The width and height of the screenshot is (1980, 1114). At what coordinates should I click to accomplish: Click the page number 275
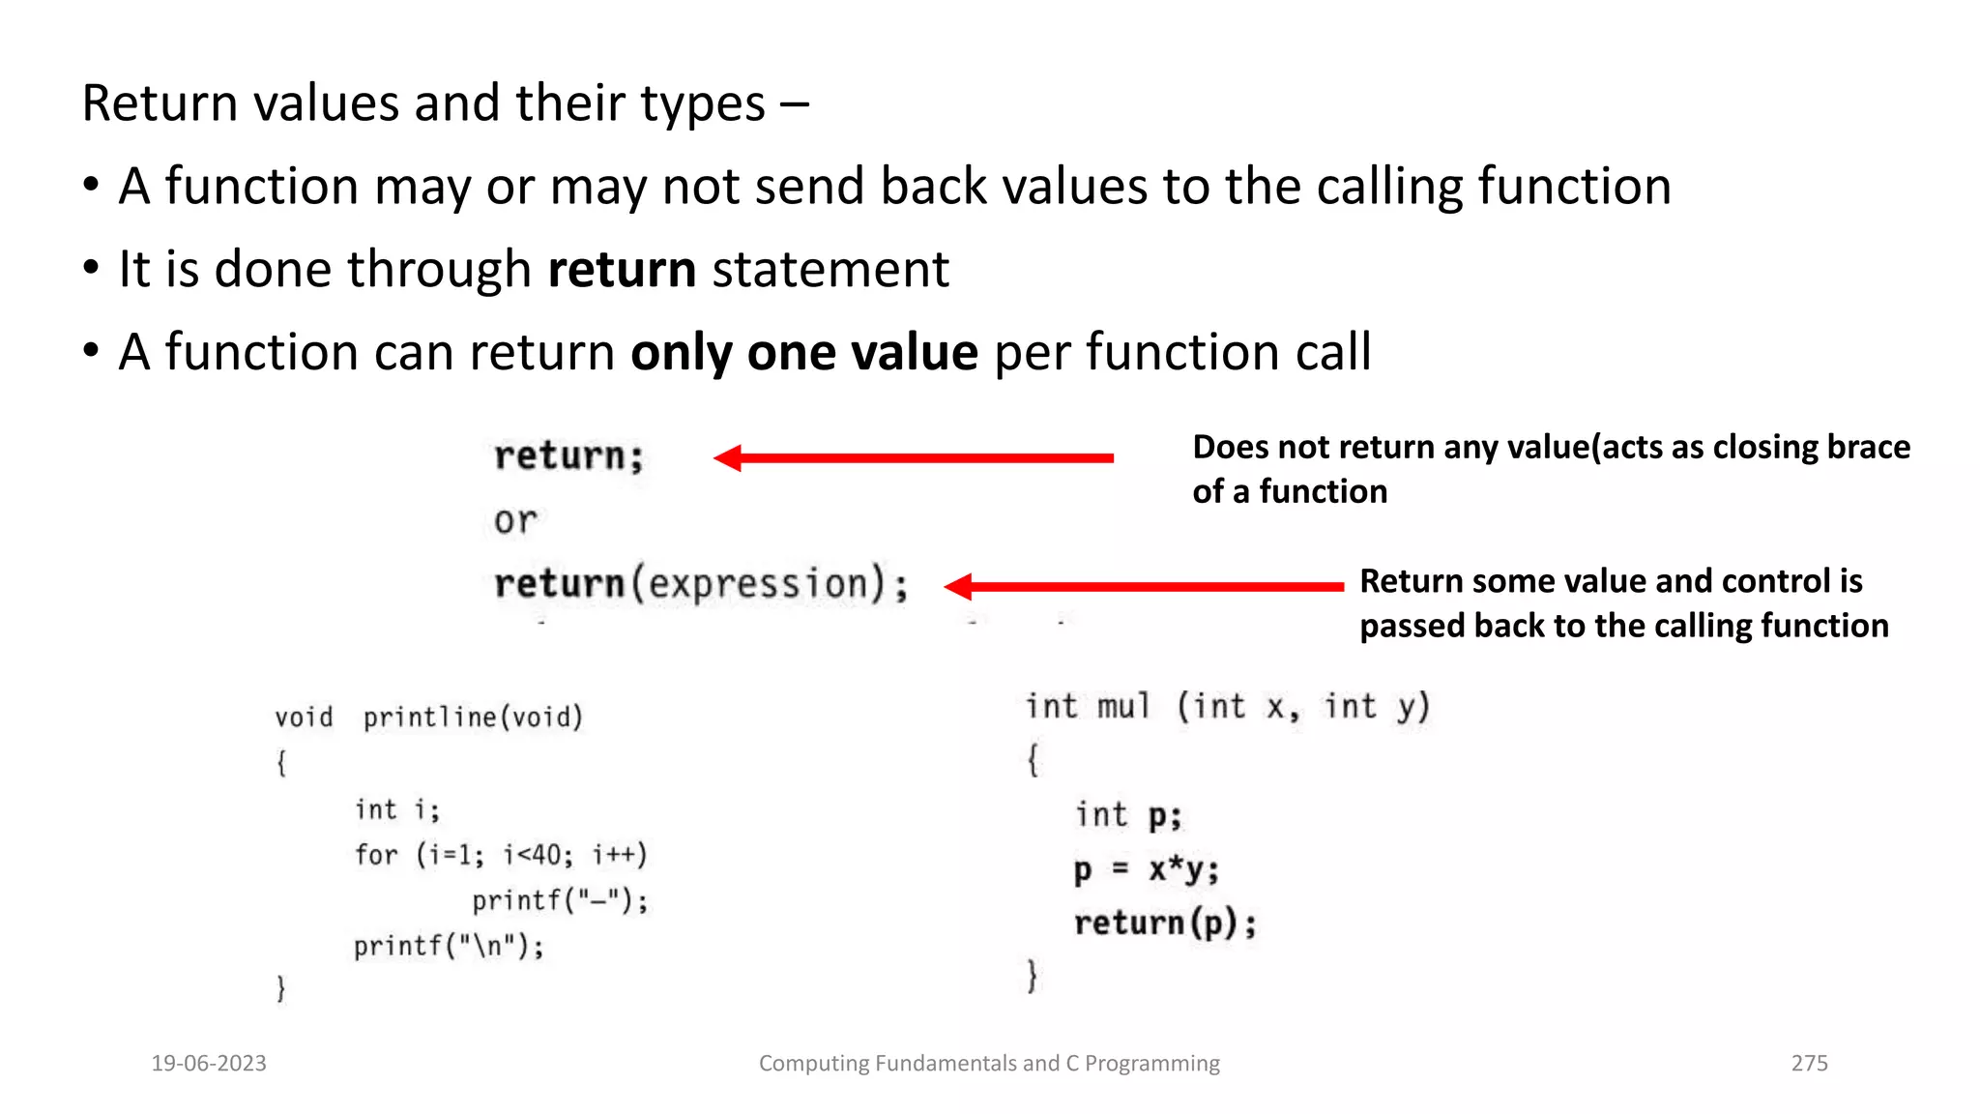click(1809, 1063)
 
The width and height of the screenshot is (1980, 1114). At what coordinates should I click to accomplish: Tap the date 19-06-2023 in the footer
click(209, 1063)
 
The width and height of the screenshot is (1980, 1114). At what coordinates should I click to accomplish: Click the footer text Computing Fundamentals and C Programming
click(989, 1063)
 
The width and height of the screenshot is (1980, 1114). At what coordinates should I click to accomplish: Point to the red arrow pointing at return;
click(913, 457)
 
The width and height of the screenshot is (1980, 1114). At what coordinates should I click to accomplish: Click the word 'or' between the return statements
click(515, 521)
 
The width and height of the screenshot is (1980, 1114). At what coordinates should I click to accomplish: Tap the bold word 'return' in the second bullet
click(622, 269)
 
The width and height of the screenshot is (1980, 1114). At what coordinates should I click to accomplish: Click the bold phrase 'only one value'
click(804, 352)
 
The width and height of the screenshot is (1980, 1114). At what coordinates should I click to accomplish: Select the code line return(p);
click(1165, 923)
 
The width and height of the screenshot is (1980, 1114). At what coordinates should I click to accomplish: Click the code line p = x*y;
click(1147, 869)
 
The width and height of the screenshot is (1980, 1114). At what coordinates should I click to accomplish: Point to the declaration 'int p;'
click(1128, 815)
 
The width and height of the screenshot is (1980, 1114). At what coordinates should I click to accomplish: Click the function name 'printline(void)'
click(473, 717)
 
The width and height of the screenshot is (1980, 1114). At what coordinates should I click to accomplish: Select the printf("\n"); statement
click(449, 945)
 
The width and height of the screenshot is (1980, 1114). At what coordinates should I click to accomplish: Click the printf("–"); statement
click(560, 900)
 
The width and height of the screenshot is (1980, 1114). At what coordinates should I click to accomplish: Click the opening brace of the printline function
click(281, 762)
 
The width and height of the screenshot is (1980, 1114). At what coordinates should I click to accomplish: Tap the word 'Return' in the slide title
click(159, 103)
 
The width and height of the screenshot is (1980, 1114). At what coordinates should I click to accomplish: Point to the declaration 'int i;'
click(396, 808)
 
